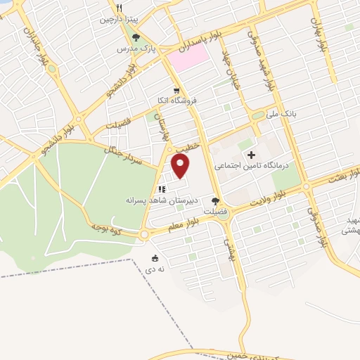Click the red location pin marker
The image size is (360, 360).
pyautogui.click(x=181, y=166)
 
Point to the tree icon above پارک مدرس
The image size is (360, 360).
pyautogui.click(x=136, y=37)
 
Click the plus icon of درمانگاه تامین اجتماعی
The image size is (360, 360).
pyautogui.click(x=250, y=154)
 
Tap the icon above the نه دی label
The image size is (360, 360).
pyautogui.click(x=155, y=258)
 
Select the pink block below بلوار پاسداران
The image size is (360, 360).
pyautogui.click(x=187, y=57)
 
